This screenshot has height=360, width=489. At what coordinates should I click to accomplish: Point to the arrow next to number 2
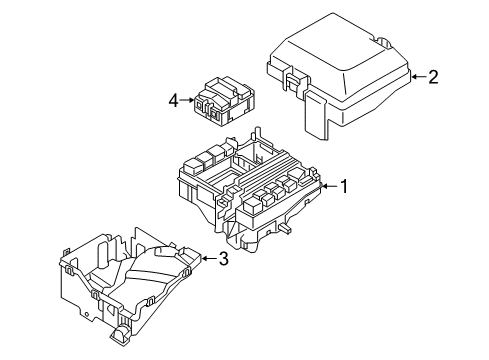pyautogui.click(x=418, y=75)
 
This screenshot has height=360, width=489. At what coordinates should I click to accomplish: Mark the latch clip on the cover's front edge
pyautogui.click(x=287, y=78)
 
